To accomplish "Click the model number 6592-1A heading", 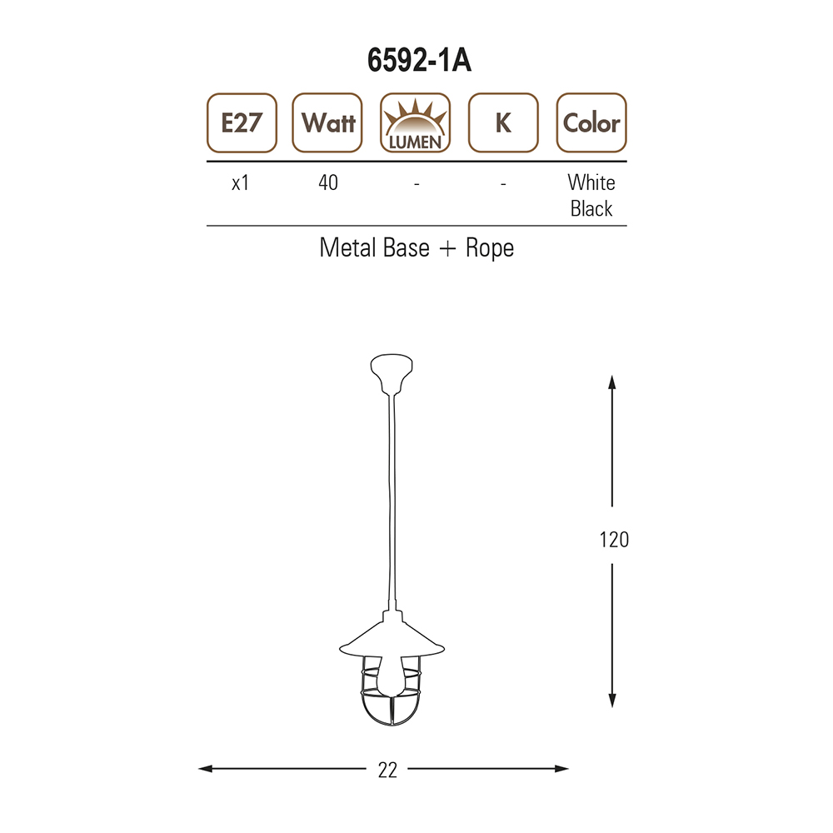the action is click(x=419, y=60).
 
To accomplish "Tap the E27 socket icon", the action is click(x=242, y=122).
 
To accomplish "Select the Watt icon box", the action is click(x=327, y=122).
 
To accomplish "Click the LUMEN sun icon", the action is click(x=416, y=122).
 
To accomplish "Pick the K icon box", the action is click(x=503, y=122).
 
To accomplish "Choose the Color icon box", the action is click(x=591, y=122).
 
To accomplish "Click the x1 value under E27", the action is click(x=240, y=182).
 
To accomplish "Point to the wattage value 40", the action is click(x=327, y=182).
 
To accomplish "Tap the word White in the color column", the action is click(x=591, y=182).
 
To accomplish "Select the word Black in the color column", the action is click(x=591, y=208).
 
